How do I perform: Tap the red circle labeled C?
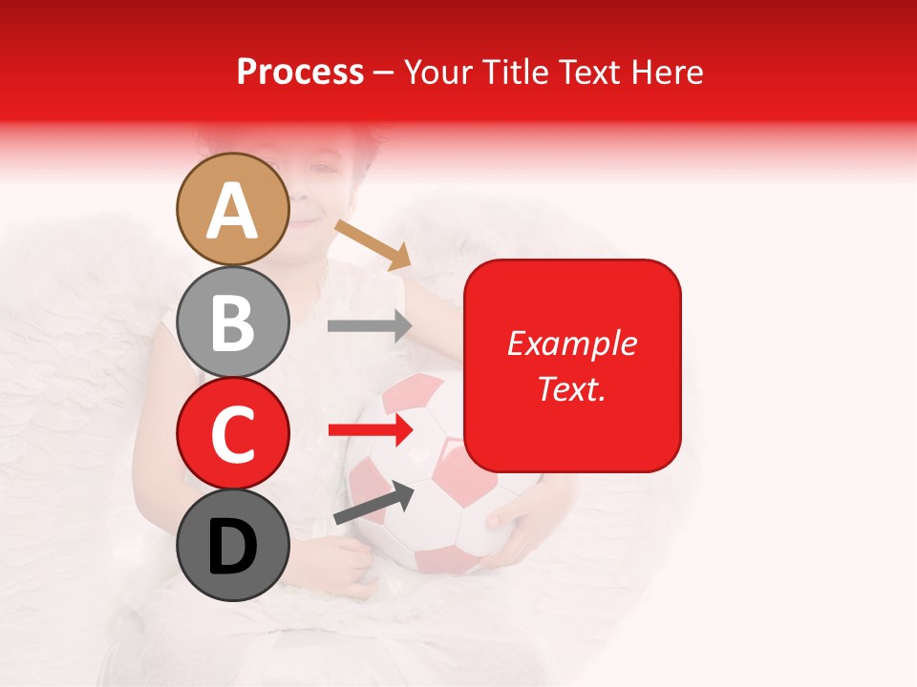click(x=232, y=433)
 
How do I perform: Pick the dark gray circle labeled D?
click(x=232, y=546)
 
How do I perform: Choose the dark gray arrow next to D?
click(x=373, y=504)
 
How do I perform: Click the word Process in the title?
click(x=300, y=72)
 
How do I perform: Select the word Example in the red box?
click(x=571, y=343)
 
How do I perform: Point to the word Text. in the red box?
click(x=571, y=388)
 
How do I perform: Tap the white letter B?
click(x=232, y=323)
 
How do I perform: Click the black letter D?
click(x=232, y=548)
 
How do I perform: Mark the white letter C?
click(x=232, y=434)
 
